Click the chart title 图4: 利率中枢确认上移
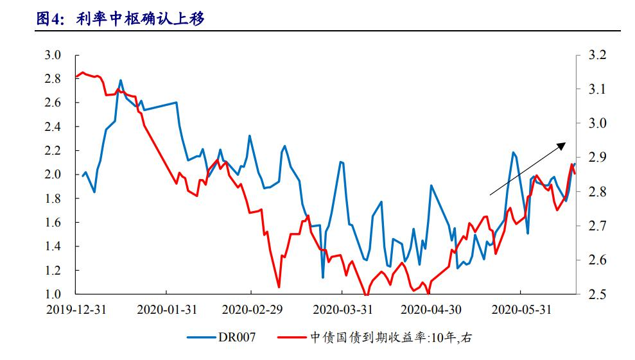pos(121,19)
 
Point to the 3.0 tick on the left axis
pos(53,55)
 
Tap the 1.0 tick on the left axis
pos(53,295)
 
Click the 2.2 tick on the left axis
pos(53,151)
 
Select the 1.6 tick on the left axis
pos(53,223)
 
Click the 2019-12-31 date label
pos(76,309)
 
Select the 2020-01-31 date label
pos(167,309)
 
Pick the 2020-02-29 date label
pos(252,309)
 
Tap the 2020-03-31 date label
pos(343,309)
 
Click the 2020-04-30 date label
pos(430,309)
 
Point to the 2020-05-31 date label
pos(521,309)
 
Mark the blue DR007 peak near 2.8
pos(121,81)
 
